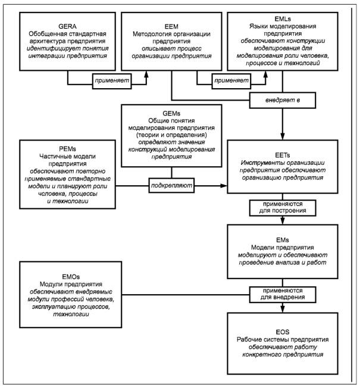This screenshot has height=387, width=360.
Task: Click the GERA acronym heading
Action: pos(67,26)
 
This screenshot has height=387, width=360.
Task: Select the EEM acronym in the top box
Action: pos(171,27)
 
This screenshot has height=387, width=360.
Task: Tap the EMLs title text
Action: pos(283,19)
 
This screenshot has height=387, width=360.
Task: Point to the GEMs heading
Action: pos(171,114)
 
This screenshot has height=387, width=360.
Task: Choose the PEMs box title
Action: pos(67,149)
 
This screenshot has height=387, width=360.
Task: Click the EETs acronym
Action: pos(283,155)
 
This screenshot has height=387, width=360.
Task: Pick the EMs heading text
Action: pos(283,240)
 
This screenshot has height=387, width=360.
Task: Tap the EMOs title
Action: pos(71,277)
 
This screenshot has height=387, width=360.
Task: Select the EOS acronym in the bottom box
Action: pos(283,332)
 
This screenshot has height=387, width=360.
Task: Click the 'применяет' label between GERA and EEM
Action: pos(112,81)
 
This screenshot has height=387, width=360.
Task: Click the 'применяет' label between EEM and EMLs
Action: pos(231,81)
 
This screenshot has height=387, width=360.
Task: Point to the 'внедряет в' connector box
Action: pos(283,100)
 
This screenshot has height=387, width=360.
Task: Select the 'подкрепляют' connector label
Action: pos(171,185)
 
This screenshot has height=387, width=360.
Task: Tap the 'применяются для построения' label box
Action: pos(283,208)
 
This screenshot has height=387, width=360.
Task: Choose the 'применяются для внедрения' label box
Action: pos(283,294)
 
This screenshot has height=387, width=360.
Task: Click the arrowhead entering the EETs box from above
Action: pos(283,136)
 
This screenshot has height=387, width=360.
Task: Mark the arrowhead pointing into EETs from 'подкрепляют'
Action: pos(224,186)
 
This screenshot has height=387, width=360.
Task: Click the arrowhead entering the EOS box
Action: pos(283,309)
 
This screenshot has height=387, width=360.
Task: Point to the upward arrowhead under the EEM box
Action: pos(146,74)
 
